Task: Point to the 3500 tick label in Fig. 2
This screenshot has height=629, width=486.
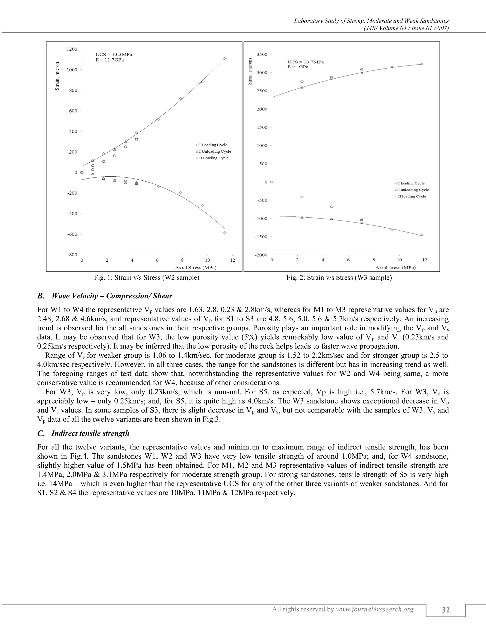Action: pyautogui.click(x=262, y=54)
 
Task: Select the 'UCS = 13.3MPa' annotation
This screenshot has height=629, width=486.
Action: pyautogui.click(x=114, y=54)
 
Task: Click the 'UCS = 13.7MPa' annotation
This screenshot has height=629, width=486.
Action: pyautogui.click(x=305, y=62)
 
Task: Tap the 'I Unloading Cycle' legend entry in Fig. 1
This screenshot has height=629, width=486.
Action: pyautogui.click(x=215, y=151)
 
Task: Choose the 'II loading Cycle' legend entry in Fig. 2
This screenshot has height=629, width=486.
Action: pyautogui.click(x=412, y=197)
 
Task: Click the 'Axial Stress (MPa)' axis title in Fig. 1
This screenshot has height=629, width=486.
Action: pyautogui.click(x=196, y=268)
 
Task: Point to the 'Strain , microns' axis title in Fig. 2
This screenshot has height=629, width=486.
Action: pyautogui.click(x=250, y=71)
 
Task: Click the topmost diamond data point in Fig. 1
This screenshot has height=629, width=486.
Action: pyautogui.click(x=224, y=58)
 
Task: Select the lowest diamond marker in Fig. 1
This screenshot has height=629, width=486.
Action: pyautogui.click(x=224, y=233)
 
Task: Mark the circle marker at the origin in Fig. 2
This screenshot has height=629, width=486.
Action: pyautogui.click(x=272, y=182)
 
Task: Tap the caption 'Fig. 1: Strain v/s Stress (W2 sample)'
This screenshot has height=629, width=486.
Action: pyautogui.click(x=147, y=278)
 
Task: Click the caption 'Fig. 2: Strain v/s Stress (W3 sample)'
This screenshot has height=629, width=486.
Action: pyautogui.click(x=339, y=278)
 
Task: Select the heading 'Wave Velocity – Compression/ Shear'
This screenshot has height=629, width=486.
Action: pyautogui.click(x=112, y=296)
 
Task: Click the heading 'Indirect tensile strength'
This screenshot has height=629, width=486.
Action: pyautogui.click(x=90, y=433)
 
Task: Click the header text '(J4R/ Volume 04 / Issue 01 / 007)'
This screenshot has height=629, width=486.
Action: pyautogui.click(x=406, y=28)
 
